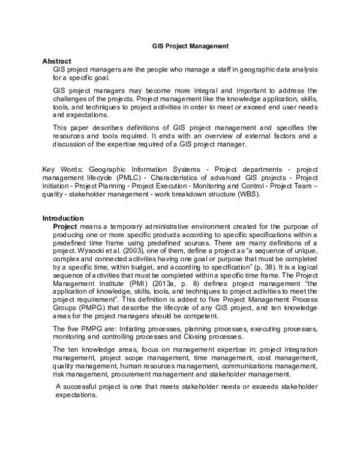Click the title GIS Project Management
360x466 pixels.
click(x=190, y=45)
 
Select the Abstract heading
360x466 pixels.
click(x=56, y=61)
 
